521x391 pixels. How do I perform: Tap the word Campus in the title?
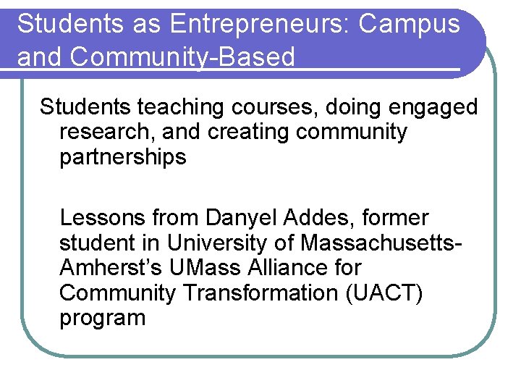pyautogui.click(x=409, y=24)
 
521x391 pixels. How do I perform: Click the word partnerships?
pyautogui.click(x=123, y=157)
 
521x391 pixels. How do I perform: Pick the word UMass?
pyautogui.click(x=203, y=267)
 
